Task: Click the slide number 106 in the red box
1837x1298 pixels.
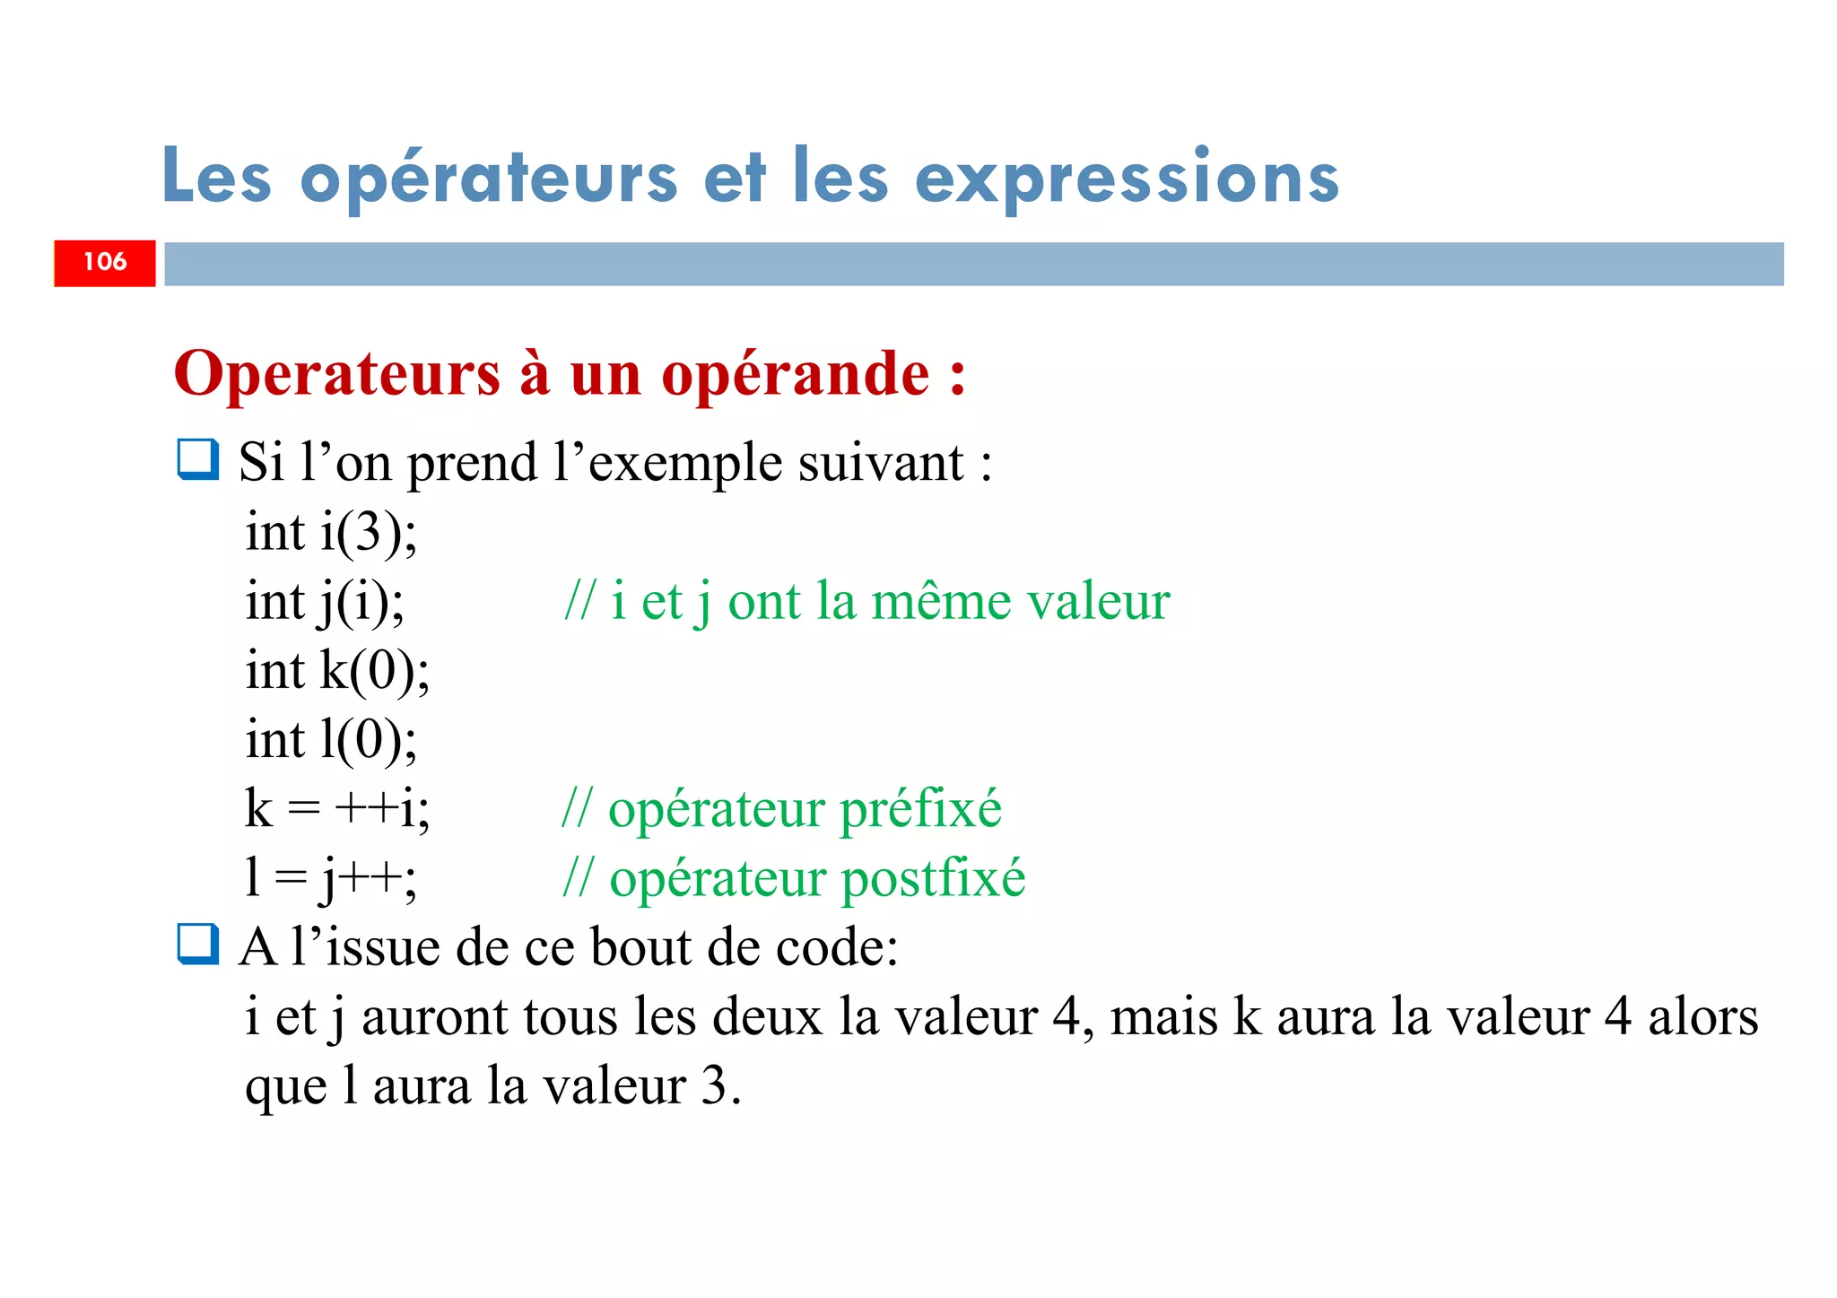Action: pyautogui.click(x=105, y=262)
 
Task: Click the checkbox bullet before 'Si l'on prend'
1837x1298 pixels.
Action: pyautogui.click(x=197, y=459)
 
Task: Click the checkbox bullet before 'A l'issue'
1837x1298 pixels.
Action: pyautogui.click(x=197, y=944)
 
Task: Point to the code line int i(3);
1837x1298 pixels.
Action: pyautogui.click(x=332, y=532)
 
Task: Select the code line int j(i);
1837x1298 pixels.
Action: pyautogui.click(x=325, y=601)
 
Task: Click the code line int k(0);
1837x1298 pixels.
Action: pyautogui.click(x=338, y=670)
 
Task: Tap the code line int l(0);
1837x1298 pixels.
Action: pyautogui.click(x=332, y=740)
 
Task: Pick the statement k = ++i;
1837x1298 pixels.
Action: pyautogui.click(x=337, y=808)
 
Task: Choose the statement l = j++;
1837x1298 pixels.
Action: pyautogui.click(x=331, y=877)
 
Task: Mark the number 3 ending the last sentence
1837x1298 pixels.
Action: pyautogui.click(x=714, y=1085)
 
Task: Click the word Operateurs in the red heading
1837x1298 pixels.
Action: pyautogui.click(x=337, y=375)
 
